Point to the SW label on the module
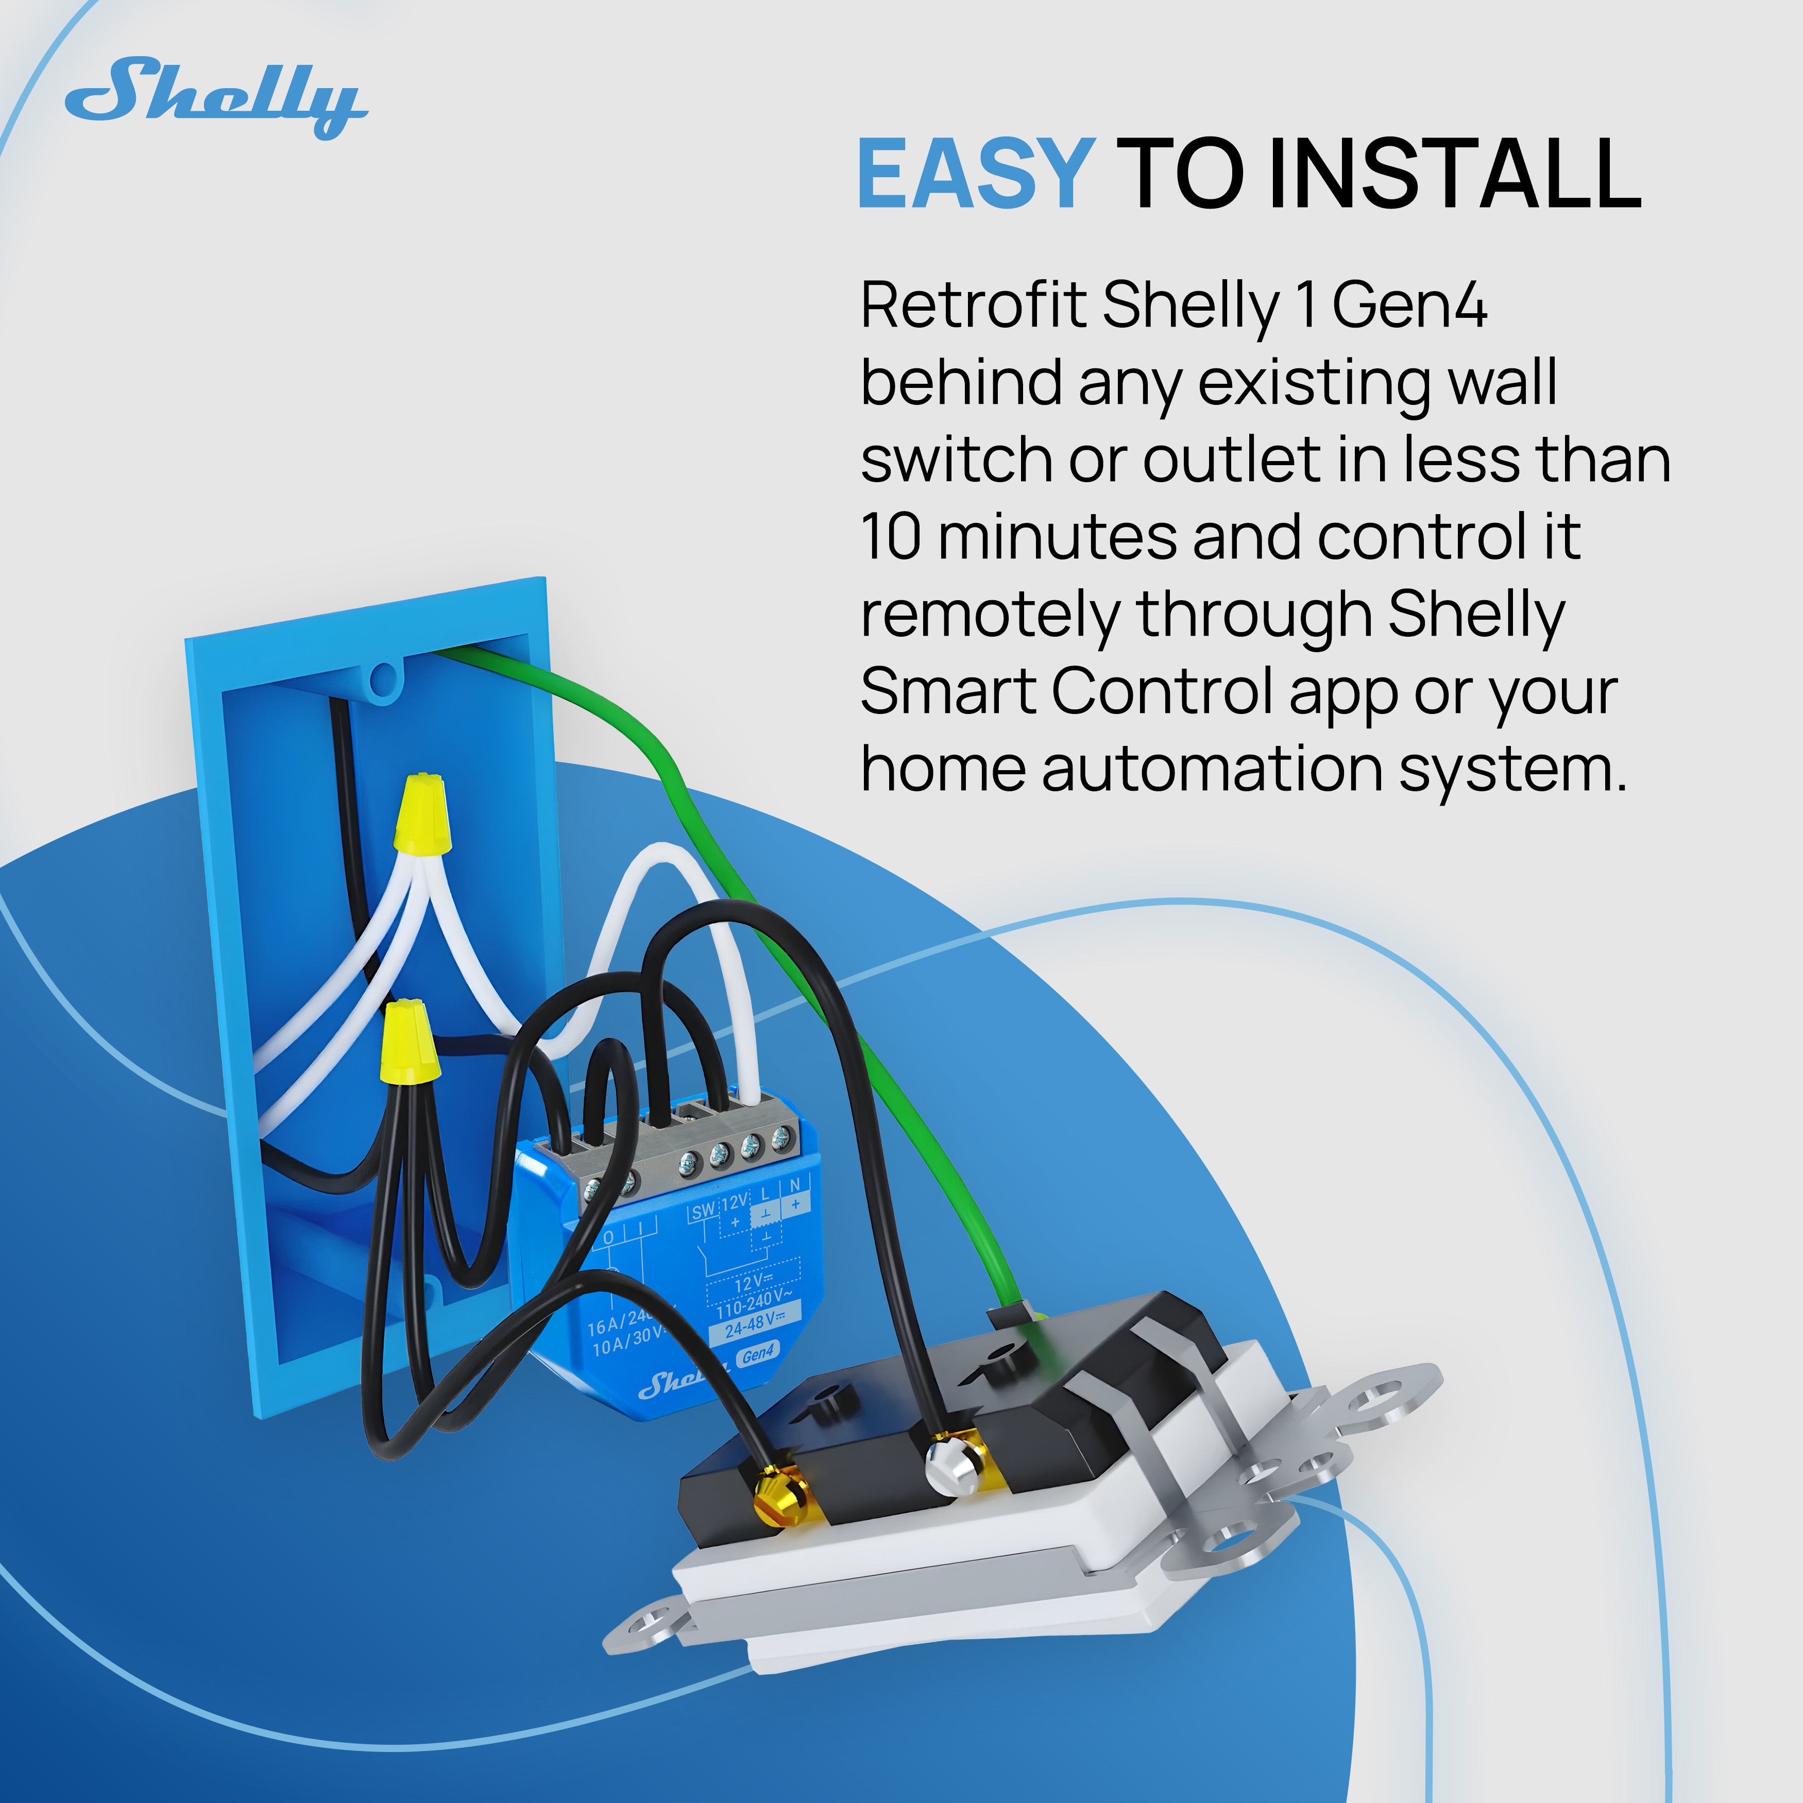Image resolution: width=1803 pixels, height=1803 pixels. pos(703,1211)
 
